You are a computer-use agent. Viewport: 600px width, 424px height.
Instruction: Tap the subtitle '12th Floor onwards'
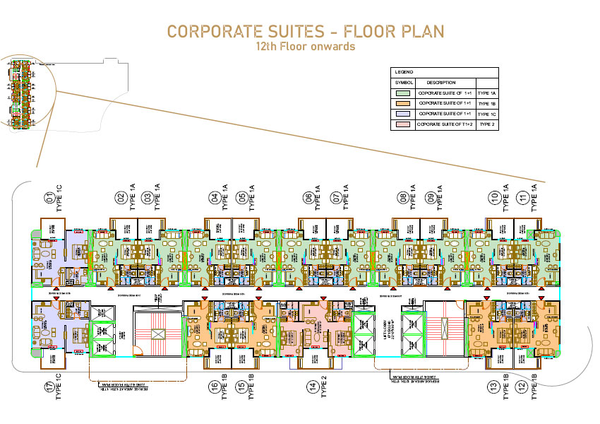click(305, 47)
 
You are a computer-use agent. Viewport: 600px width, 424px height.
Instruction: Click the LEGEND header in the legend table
click(404, 73)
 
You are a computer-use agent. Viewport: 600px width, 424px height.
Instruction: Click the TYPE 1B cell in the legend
click(487, 104)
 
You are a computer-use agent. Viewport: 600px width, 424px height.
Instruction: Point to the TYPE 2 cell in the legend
click(487, 124)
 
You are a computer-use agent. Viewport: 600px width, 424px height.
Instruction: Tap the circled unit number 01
click(49, 198)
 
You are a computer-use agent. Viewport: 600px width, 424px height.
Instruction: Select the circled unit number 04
click(213, 198)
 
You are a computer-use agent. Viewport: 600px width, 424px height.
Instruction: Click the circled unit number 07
click(335, 198)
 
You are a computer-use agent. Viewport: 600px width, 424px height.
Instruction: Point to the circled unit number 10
click(495, 198)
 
